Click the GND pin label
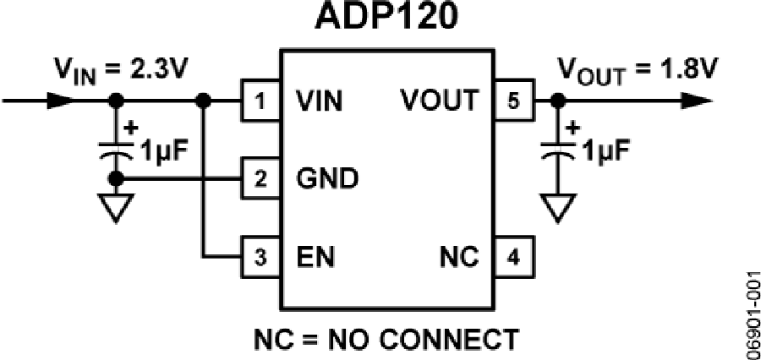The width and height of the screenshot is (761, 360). pyautogui.click(x=326, y=178)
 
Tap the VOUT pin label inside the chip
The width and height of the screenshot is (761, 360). pyautogui.click(x=439, y=101)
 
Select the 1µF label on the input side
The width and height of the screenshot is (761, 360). pyautogui.click(x=158, y=155)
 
